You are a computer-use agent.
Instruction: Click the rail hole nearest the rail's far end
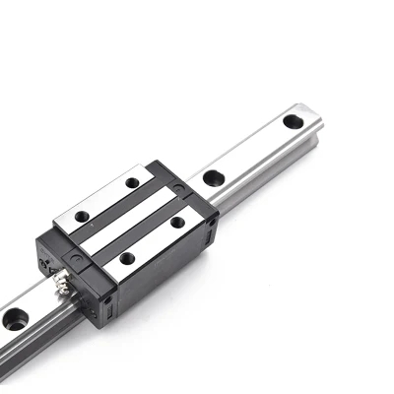pyautogui.click(x=293, y=121)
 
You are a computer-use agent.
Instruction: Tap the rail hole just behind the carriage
pyautogui.click(x=210, y=179)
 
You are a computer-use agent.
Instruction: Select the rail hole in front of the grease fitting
pyautogui.click(x=15, y=319)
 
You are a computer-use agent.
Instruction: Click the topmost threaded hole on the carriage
pyautogui.click(x=131, y=182)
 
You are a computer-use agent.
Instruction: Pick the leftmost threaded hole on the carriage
pyautogui.click(x=82, y=215)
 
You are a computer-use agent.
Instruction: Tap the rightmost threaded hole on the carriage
pyautogui.click(x=177, y=223)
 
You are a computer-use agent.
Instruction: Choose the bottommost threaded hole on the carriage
pyautogui.click(x=127, y=258)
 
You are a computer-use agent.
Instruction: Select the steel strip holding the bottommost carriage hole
pyautogui.click(x=153, y=240)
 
